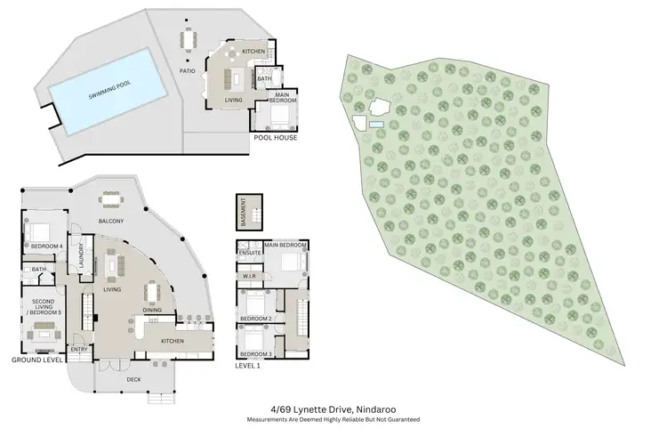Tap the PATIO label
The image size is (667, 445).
[x=187, y=69]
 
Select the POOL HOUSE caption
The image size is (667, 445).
[x=275, y=138]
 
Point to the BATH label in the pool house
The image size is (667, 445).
[x=264, y=78]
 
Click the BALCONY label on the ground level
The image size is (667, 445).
[x=111, y=221]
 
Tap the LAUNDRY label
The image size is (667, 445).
[x=81, y=256]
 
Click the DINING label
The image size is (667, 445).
[x=152, y=310]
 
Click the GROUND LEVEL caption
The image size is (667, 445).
[x=36, y=360]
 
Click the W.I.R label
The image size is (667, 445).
[x=249, y=276]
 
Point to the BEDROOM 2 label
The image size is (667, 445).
[x=258, y=318]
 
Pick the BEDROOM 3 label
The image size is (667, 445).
[x=258, y=353]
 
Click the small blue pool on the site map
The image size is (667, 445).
[x=376, y=124]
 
